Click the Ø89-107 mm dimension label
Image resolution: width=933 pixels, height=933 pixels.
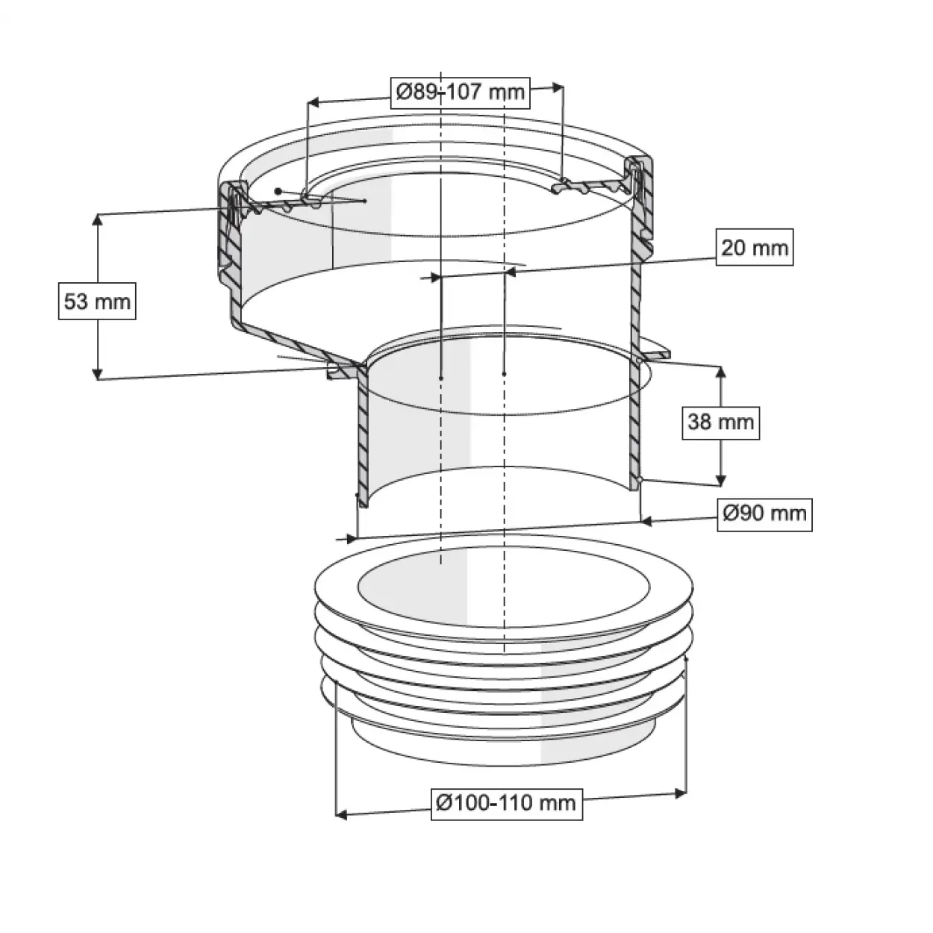coord(460,93)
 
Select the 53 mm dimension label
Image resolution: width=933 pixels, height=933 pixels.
coord(97,301)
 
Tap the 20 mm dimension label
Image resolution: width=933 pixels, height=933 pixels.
coord(755,247)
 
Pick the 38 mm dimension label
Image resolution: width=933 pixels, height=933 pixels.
coord(721,422)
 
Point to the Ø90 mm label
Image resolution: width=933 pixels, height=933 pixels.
coord(764,514)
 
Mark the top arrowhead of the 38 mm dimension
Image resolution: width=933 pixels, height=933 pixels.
coord(721,372)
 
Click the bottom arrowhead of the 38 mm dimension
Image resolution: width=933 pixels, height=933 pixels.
coord(721,479)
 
